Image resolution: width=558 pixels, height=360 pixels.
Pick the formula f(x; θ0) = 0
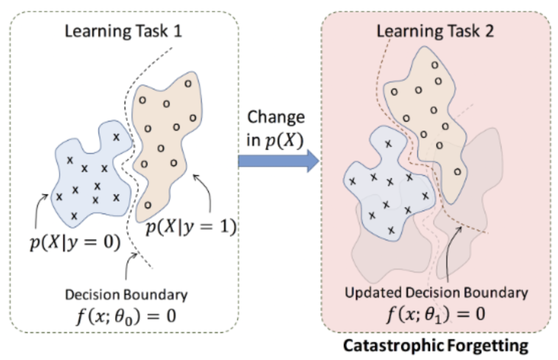coord(127,315)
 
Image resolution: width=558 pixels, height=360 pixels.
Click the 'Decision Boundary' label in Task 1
coord(127,295)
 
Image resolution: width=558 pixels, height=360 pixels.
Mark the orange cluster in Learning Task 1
coord(165,134)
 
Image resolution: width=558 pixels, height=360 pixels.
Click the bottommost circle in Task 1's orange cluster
coord(148,205)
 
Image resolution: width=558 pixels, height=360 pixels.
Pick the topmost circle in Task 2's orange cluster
coord(435,65)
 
